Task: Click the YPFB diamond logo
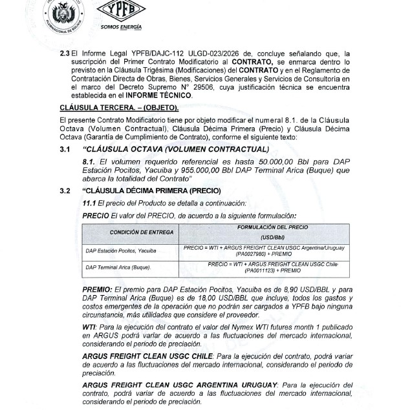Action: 120,12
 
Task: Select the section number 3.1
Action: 65,150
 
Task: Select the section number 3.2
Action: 65,191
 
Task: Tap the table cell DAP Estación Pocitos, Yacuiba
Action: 122,249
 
